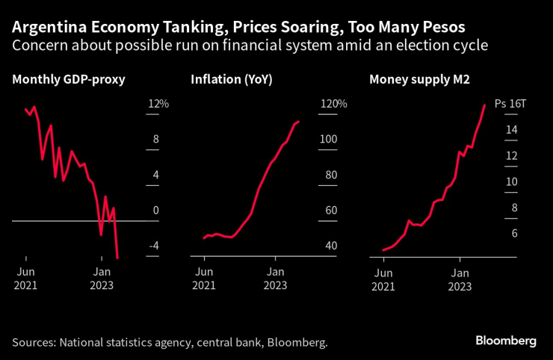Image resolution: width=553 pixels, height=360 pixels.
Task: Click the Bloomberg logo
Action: pos(506,341)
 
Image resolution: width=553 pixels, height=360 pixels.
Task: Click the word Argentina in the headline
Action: pos(43,28)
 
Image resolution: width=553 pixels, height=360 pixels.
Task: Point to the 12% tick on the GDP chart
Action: pos(158,104)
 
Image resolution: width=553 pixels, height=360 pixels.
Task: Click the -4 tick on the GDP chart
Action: pos(155,246)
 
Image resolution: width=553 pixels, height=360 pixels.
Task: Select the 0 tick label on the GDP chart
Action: pos(156,211)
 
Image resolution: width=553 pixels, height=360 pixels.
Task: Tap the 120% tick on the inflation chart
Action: pos(333,104)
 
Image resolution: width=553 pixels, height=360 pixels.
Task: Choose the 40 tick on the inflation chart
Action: pos(330,246)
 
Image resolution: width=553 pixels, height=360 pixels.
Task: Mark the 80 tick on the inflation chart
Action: pos(330,176)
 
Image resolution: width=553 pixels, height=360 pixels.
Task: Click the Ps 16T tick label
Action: pos(511,105)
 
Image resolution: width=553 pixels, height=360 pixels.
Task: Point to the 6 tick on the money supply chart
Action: pos(513,234)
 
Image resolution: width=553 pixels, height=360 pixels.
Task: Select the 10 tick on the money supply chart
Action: pos(512,182)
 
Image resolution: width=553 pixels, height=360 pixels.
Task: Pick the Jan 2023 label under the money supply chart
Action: pos(460,278)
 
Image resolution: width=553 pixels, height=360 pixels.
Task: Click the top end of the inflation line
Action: pos(299,121)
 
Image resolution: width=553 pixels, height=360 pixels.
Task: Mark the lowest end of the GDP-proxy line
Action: pos(118,258)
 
